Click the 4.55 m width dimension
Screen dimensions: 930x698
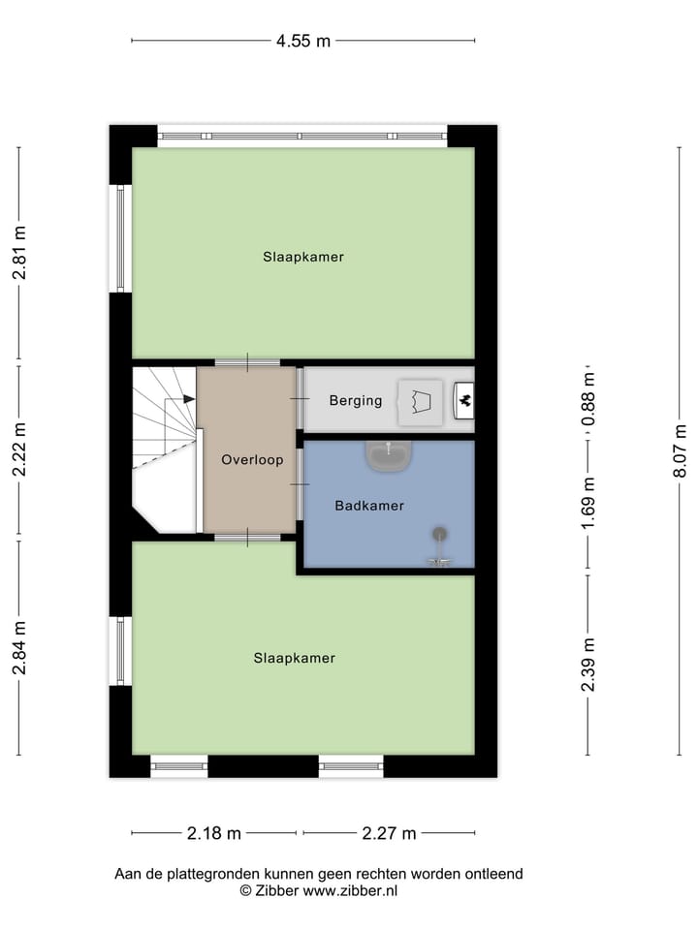[x=302, y=41]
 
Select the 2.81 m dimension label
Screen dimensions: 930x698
[x=18, y=253]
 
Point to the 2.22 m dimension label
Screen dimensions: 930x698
[x=18, y=450]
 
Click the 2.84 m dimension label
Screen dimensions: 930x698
[x=18, y=648]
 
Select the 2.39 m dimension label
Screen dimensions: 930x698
[x=587, y=666]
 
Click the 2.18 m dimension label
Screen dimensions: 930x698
[x=214, y=833]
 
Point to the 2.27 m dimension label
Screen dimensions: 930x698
[x=389, y=833]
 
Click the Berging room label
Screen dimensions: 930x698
[x=355, y=401]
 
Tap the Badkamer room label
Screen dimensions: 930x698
[x=369, y=506]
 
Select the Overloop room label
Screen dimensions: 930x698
[x=252, y=460]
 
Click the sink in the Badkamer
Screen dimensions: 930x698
[x=389, y=454]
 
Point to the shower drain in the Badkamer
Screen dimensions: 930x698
[x=440, y=533]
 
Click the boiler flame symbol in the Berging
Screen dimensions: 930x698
[x=464, y=398]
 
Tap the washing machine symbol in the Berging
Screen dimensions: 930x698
[x=421, y=401]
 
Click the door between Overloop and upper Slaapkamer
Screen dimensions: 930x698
[x=247, y=363]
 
